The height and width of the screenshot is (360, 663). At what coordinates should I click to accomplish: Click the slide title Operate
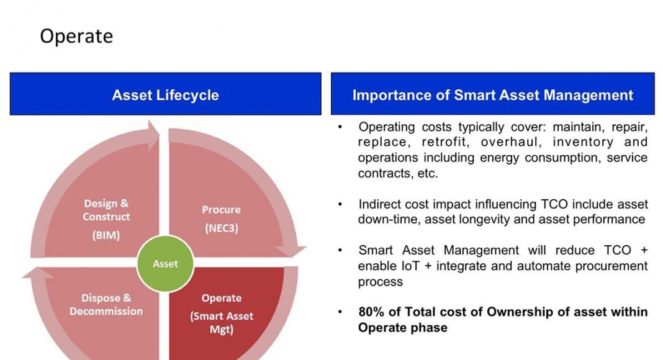click(76, 37)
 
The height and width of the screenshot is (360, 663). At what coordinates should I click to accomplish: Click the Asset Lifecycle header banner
click(165, 94)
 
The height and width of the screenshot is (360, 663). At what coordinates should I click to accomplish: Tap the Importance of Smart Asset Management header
click(493, 94)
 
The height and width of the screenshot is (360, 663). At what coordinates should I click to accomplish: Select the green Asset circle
click(165, 264)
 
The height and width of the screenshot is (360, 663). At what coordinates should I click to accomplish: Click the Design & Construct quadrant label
click(106, 210)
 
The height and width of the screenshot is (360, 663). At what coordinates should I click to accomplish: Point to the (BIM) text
click(106, 235)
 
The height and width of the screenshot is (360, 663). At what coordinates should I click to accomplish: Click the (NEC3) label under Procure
click(222, 228)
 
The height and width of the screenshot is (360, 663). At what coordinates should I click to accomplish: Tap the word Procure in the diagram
click(221, 210)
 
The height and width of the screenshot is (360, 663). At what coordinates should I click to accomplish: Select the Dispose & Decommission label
click(106, 305)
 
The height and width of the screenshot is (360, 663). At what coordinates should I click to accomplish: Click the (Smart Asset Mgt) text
click(222, 323)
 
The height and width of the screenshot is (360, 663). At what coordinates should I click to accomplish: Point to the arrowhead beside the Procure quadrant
click(291, 251)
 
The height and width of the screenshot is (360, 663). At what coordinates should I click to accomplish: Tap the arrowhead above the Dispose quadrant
click(38, 273)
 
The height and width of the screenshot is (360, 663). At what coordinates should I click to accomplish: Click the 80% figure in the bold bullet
click(371, 312)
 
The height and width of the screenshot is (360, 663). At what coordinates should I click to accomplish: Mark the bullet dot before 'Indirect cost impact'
click(340, 204)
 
